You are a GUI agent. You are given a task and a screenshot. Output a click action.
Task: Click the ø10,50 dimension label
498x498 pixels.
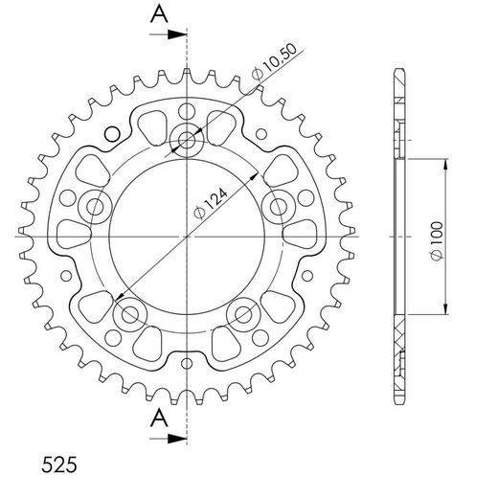coord(274,60)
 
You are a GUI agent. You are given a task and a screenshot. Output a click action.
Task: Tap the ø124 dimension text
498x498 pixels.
coord(211,204)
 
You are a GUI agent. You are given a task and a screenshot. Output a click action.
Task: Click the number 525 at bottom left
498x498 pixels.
coord(59,464)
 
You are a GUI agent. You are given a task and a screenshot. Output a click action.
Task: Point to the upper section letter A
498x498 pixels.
coord(159,14)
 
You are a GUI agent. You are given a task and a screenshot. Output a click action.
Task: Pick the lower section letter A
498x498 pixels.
coord(159,419)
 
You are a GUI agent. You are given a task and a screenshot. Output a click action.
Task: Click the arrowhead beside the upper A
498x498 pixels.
coord(177,34)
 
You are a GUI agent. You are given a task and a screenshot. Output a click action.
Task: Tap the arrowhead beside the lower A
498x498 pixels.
coord(177,439)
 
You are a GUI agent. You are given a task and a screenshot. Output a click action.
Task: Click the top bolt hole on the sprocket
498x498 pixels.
coord(187,140)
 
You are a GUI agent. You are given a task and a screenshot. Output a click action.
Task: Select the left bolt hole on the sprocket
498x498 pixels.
coord(95,207)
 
